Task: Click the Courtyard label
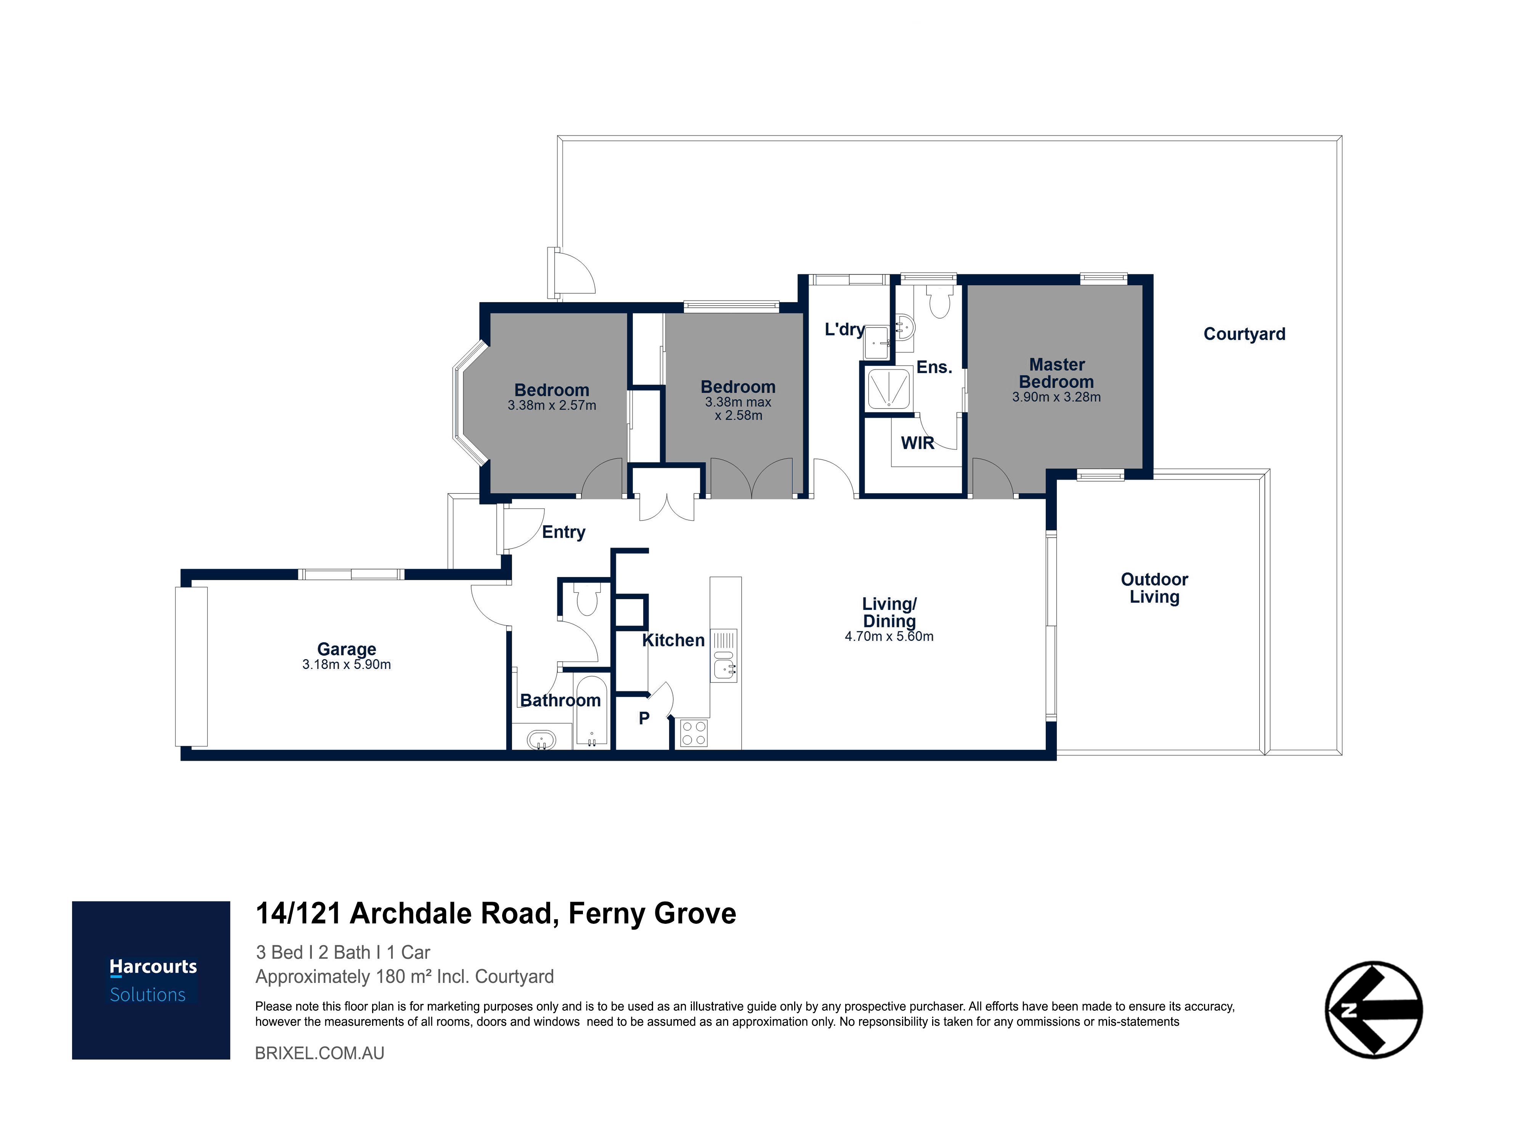tap(1244, 334)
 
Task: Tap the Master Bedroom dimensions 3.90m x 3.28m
tap(1056, 397)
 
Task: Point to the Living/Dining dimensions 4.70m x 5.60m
tap(889, 637)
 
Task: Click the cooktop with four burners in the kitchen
tap(693, 733)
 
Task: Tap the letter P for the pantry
tap(644, 719)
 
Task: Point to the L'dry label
tap(844, 330)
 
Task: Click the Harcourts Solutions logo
tap(151, 980)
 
